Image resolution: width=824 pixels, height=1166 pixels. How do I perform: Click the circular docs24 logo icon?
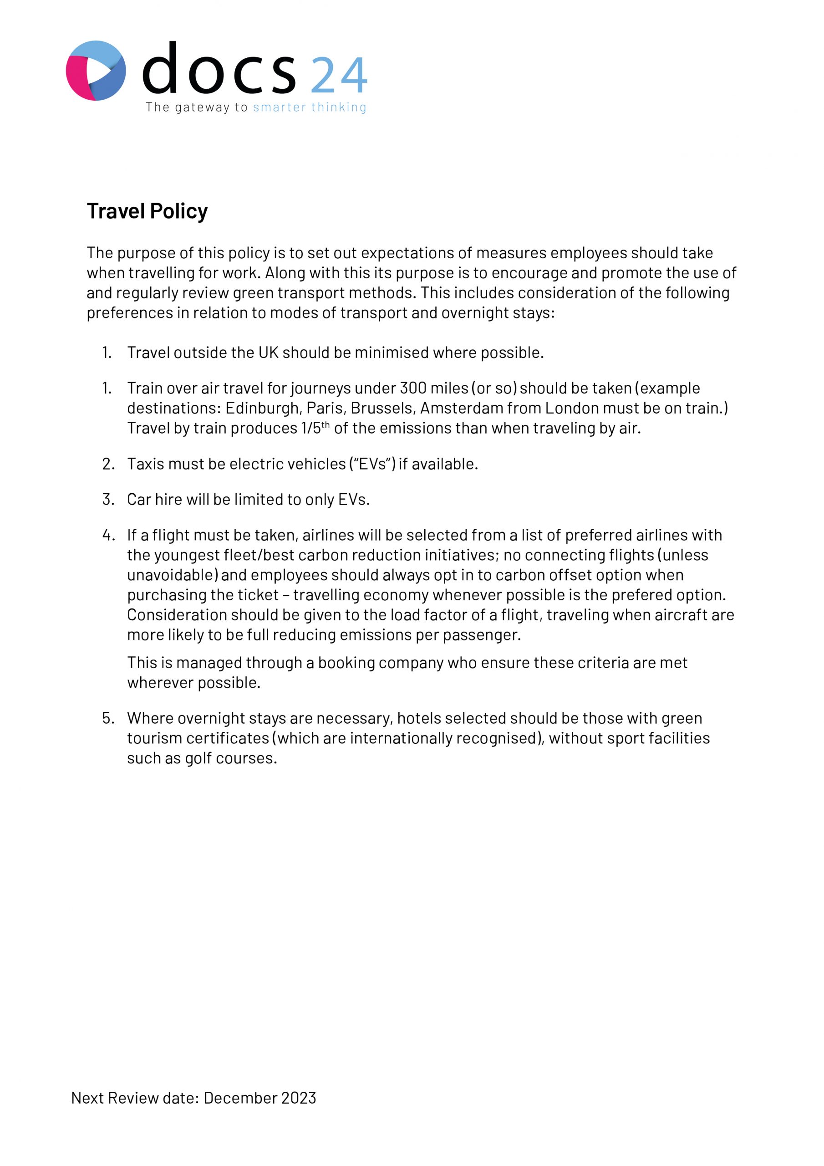[96, 71]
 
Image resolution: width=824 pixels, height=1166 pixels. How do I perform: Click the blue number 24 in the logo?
[339, 75]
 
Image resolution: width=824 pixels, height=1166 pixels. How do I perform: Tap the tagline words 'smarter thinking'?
[309, 107]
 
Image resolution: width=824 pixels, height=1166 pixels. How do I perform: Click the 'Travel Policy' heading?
[147, 211]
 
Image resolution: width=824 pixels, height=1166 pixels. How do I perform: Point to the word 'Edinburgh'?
[262, 408]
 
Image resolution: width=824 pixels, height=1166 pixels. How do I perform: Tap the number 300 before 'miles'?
[413, 388]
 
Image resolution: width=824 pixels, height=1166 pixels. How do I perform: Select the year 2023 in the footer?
[299, 1098]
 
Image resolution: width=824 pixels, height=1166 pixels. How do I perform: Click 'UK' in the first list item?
[269, 353]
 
